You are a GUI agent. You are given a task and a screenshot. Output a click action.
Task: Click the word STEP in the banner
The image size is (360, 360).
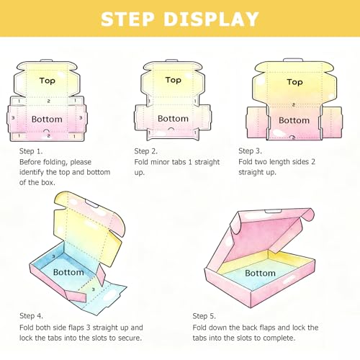(127, 19)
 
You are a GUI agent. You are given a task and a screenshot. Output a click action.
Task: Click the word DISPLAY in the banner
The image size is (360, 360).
(211, 19)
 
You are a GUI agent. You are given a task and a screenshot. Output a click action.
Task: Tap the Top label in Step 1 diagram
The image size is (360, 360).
(48, 81)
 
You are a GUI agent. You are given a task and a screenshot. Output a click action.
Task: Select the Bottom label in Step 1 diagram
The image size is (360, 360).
(47, 119)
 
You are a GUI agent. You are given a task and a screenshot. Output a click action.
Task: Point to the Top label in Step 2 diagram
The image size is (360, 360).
(174, 80)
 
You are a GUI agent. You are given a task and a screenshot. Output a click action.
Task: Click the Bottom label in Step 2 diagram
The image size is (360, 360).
(173, 119)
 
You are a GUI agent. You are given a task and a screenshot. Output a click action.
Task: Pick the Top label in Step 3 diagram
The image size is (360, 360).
(294, 82)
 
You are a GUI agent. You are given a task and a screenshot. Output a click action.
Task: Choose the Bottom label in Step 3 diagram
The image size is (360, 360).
(294, 120)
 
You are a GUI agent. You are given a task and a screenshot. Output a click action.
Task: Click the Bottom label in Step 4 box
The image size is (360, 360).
(68, 272)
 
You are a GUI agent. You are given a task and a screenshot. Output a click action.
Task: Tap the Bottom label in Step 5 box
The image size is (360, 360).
(260, 273)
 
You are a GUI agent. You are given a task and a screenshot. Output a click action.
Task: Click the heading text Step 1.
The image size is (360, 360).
(31, 151)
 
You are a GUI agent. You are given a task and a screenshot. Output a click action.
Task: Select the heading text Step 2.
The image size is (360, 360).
(146, 151)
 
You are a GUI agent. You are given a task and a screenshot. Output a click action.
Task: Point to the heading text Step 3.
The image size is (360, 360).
(250, 151)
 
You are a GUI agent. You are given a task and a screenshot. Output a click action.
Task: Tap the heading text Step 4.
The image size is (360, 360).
(31, 316)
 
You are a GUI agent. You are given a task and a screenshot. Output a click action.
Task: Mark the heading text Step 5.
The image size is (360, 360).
(204, 316)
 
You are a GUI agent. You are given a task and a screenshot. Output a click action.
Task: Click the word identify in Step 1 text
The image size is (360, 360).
(32, 173)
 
